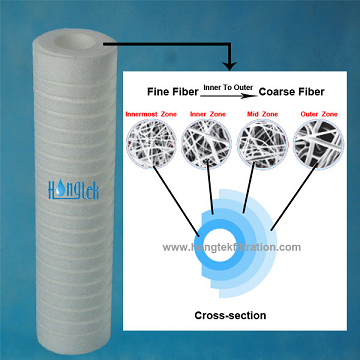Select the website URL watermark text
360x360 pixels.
coord(231,247)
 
